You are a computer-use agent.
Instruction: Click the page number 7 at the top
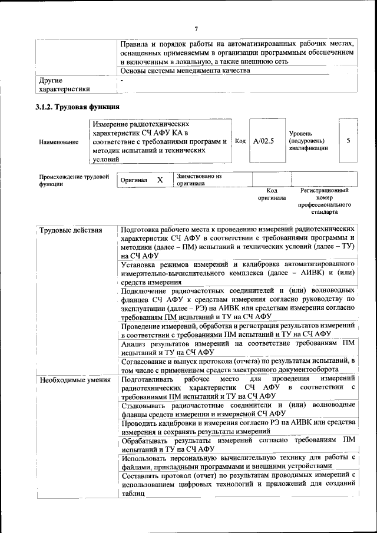tap(196, 29)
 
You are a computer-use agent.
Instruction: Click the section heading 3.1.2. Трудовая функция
tap(78, 107)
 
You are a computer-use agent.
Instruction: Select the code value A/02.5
tap(264, 141)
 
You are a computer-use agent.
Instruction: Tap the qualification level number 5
tap(349, 141)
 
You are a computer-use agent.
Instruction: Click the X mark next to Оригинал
tap(160, 180)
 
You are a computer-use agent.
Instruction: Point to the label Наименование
tap(58, 142)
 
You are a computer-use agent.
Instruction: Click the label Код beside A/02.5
tap(240, 141)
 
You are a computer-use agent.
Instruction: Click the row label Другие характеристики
tap(64, 85)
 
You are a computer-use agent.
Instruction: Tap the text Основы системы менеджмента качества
tap(185, 71)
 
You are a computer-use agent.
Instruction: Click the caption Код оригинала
tap(272, 194)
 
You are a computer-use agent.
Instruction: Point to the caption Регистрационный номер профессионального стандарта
tap(325, 201)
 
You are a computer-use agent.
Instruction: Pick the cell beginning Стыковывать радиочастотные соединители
tap(237, 409)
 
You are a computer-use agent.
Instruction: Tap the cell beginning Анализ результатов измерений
tap(237, 347)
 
